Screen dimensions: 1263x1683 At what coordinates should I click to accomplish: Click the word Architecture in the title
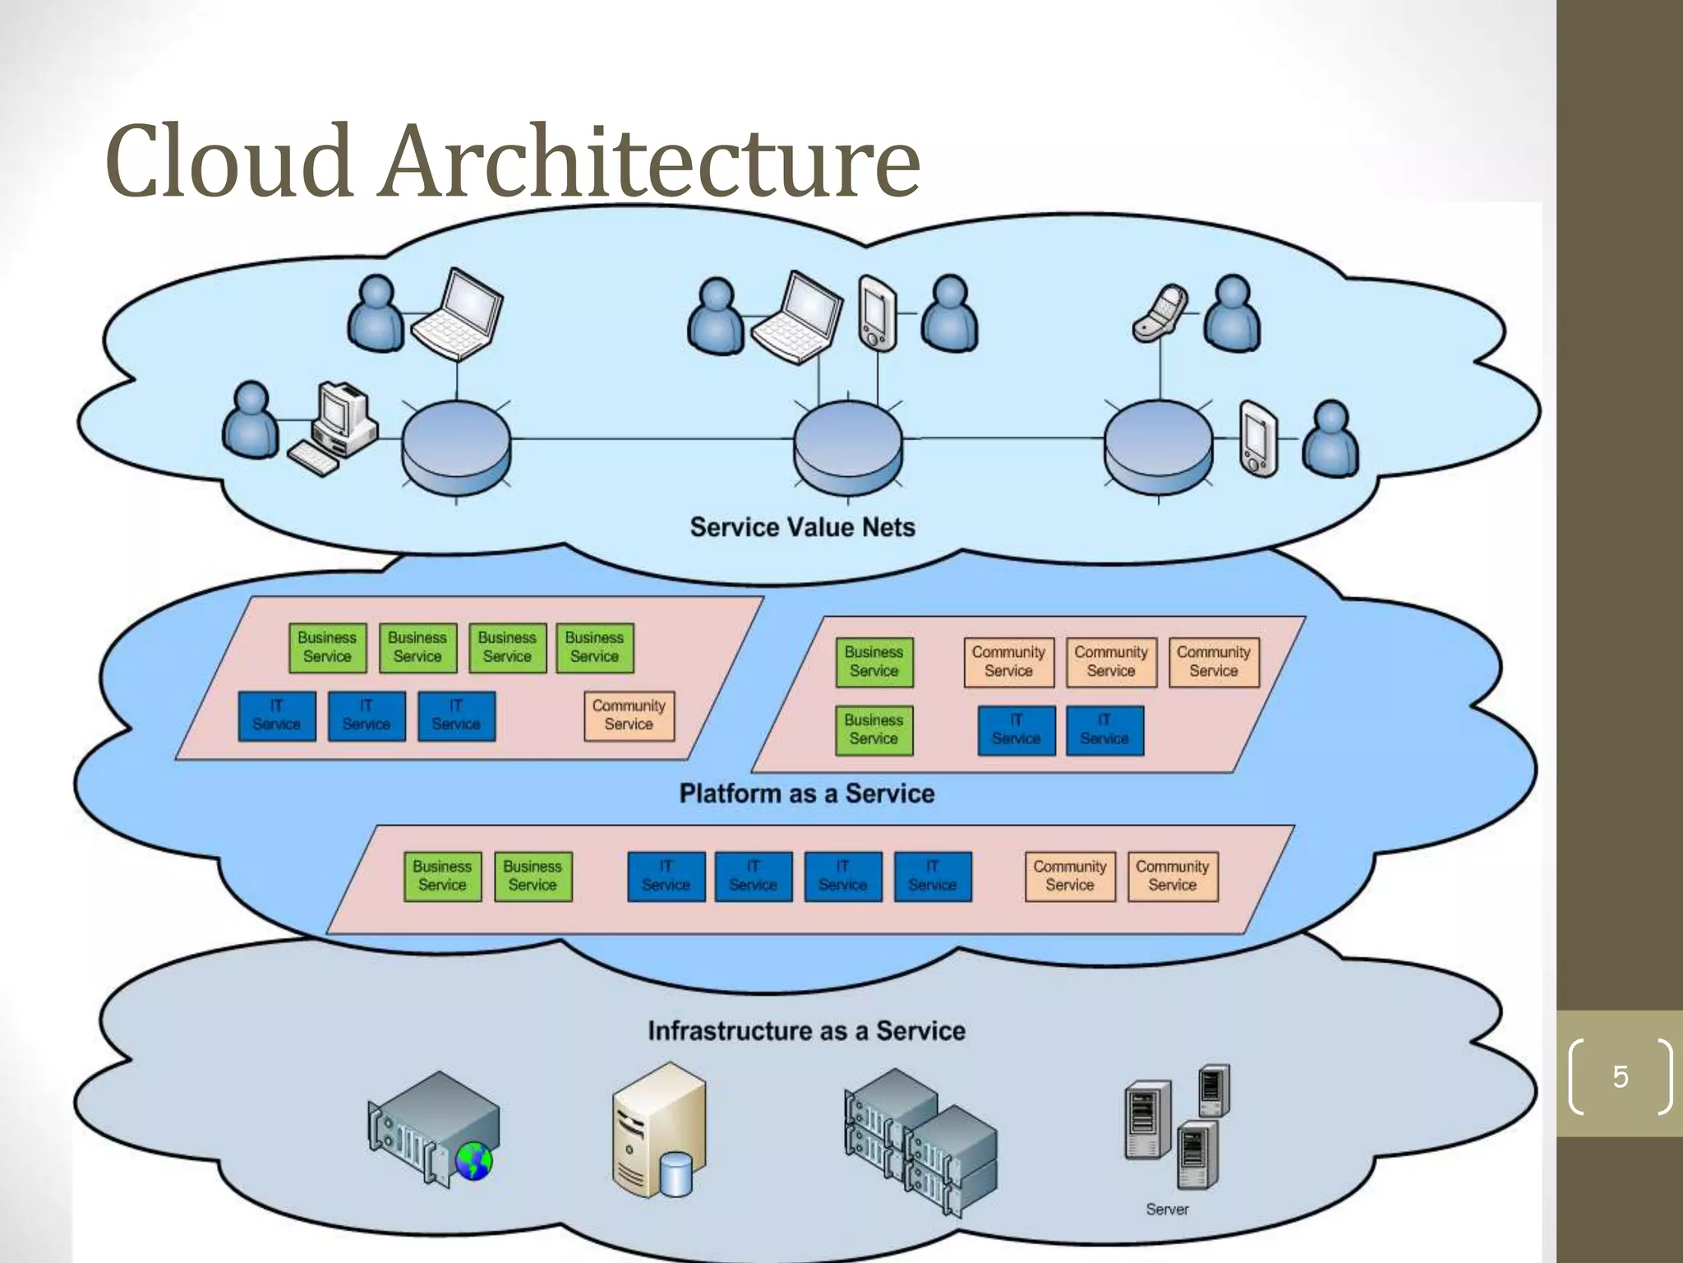[x=649, y=162]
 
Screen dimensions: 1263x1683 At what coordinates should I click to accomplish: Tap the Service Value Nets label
[x=802, y=527]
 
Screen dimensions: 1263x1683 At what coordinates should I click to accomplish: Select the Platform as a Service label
[x=806, y=793]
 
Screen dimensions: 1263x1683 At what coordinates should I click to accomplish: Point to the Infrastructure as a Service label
[x=806, y=1031]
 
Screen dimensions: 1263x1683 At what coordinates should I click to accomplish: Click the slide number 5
[x=1620, y=1076]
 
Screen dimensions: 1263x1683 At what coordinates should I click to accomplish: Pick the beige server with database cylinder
[x=658, y=1131]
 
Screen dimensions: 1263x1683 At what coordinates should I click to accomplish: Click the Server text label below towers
[x=1167, y=1210]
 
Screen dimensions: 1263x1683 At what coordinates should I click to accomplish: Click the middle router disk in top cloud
[x=847, y=448]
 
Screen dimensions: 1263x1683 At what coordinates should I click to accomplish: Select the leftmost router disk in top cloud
[x=456, y=448]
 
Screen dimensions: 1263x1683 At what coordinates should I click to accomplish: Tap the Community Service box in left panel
[x=629, y=715]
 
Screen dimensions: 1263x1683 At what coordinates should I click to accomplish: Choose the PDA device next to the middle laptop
[x=877, y=314]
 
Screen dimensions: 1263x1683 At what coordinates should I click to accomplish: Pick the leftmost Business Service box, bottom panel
[x=442, y=877]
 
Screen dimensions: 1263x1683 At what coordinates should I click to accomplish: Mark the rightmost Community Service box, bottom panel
[x=1172, y=877]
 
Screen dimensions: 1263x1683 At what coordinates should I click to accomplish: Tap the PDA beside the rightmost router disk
[x=1258, y=439]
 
